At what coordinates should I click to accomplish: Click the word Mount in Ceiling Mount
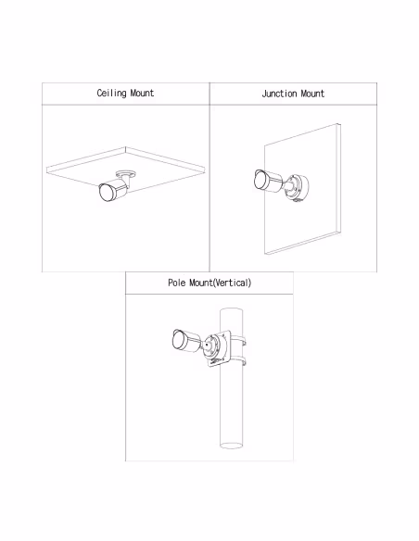(142, 93)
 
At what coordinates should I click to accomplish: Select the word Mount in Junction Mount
(312, 94)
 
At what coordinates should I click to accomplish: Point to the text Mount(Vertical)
(221, 283)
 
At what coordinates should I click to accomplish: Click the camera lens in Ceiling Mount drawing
(106, 193)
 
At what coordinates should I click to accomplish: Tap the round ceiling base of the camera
(126, 173)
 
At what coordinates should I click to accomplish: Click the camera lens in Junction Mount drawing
(260, 180)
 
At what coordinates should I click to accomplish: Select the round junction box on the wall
(297, 187)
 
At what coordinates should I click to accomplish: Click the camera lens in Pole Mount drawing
(178, 339)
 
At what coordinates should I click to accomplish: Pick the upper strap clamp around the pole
(238, 341)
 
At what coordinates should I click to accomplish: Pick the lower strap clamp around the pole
(238, 361)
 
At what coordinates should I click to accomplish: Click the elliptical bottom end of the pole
(231, 446)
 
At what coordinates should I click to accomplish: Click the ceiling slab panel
(126, 169)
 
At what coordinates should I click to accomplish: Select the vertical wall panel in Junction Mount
(302, 189)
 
